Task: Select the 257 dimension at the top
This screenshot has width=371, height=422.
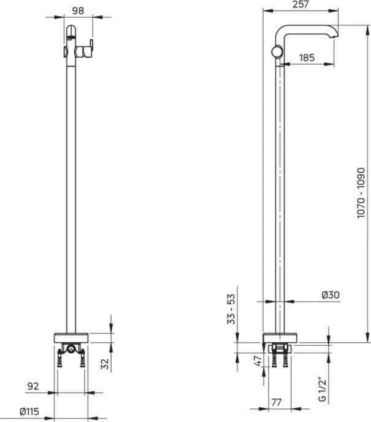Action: point(300,5)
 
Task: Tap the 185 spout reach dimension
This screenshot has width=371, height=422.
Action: point(307,58)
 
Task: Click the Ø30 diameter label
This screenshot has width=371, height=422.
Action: point(330,295)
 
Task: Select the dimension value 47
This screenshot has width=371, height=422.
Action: point(258,359)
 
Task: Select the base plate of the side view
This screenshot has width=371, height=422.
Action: point(281,337)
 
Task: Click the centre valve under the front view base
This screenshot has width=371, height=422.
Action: point(71,351)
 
